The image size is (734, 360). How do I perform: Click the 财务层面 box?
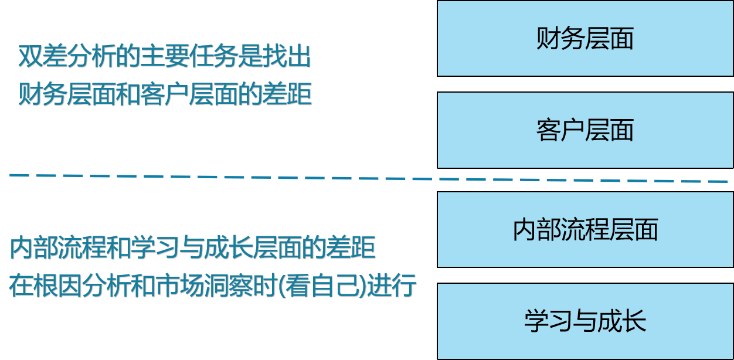point(585,39)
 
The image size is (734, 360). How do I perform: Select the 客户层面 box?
point(585,130)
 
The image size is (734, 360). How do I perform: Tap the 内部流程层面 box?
point(585,230)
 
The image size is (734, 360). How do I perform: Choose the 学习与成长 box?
point(585,321)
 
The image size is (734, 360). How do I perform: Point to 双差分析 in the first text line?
point(67,57)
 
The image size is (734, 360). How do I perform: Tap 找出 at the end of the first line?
point(286,57)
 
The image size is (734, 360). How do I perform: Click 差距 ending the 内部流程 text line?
point(351,248)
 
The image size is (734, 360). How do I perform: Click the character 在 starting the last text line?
point(21,286)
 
